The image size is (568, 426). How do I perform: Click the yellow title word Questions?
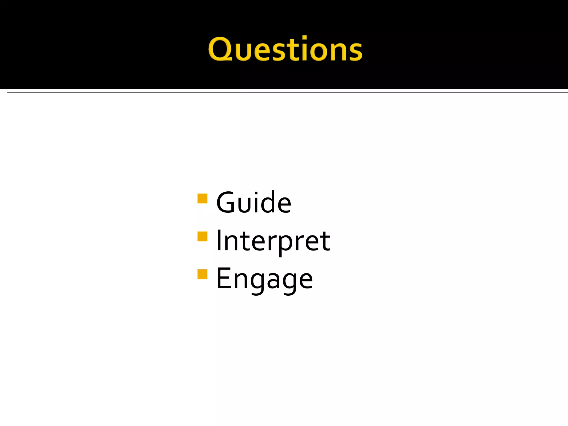(285, 49)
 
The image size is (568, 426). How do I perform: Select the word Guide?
(253, 203)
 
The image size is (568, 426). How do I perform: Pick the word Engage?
(264, 279)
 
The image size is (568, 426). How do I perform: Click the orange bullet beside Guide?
(202, 199)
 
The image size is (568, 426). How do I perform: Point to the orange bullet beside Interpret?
(202, 237)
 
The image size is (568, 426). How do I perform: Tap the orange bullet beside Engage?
(202, 274)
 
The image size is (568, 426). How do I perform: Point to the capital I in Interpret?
(219, 240)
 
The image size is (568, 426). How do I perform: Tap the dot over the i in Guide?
(256, 193)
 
